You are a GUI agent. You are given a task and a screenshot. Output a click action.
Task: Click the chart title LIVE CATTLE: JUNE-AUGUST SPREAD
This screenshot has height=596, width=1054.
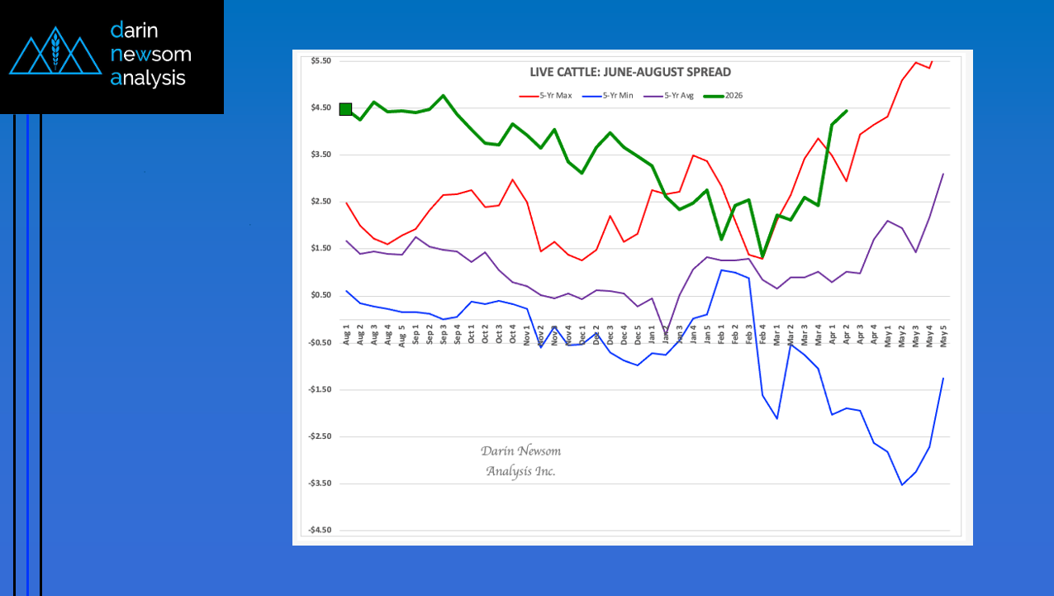[630, 72]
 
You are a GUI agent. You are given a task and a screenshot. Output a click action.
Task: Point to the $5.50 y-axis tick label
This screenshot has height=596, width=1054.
[320, 61]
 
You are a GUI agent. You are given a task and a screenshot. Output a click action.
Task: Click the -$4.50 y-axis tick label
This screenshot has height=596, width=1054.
[320, 531]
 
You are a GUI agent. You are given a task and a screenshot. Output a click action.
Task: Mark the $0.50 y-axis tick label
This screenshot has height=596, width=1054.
[320, 296]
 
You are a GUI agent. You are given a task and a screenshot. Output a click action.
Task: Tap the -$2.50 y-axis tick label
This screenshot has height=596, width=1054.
[320, 436]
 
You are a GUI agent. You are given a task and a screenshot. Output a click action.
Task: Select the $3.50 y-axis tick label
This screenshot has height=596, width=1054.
[320, 155]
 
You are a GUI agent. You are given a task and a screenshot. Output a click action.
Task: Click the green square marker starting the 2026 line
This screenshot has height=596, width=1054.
[346, 109]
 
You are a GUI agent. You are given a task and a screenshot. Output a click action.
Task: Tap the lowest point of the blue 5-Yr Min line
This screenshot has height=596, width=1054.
[901, 484]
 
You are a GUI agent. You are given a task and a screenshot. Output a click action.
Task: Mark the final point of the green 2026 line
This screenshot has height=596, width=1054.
[846, 111]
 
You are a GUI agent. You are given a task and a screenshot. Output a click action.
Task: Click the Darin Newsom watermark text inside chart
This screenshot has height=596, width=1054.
[520, 460]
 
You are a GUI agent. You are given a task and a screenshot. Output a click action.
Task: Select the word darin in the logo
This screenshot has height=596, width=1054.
[134, 31]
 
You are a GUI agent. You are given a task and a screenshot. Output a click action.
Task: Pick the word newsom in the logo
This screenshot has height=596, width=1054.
[150, 55]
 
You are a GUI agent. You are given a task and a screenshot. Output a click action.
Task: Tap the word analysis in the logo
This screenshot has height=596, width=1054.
[148, 79]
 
